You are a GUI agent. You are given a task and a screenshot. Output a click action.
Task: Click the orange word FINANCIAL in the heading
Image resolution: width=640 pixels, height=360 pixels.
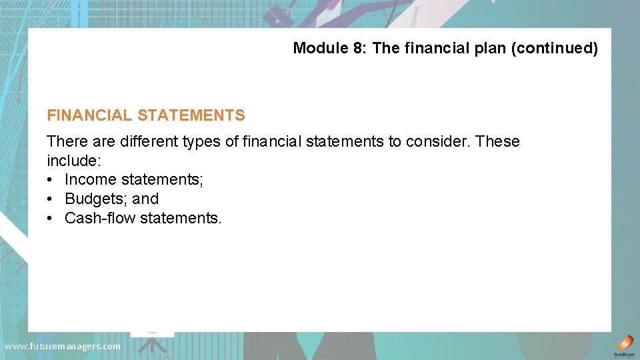[89, 115]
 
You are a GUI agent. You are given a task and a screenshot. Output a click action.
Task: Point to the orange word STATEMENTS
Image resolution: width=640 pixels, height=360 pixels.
[191, 115]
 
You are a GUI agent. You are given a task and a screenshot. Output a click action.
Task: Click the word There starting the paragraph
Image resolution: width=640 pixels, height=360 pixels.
[66, 141]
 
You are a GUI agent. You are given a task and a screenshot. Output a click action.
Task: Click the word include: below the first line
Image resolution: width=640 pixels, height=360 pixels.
[74, 161]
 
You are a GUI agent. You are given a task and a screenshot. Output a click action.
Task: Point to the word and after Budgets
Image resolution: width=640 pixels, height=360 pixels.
[145, 199]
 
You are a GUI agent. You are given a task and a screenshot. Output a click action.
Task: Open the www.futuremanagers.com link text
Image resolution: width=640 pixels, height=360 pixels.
[63, 346]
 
